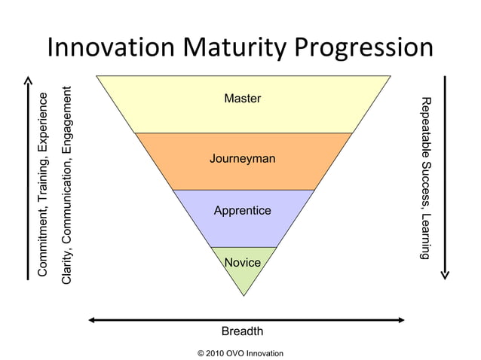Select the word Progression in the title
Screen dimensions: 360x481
[363, 49]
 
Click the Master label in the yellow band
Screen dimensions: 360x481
[243, 99]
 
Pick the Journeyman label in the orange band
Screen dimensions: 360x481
[243, 159]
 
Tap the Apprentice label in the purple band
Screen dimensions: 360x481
[243, 211]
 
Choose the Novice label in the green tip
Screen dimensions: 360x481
[243, 263]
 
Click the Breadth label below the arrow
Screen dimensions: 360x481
[242, 331]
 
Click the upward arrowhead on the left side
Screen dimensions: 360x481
[28, 80]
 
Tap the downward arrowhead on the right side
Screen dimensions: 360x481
[445, 274]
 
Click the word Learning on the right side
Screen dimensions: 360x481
[426, 236]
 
